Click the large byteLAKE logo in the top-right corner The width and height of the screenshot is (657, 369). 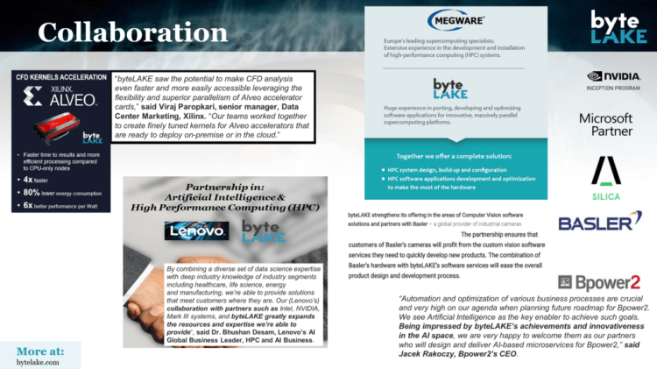click(619, 27)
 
